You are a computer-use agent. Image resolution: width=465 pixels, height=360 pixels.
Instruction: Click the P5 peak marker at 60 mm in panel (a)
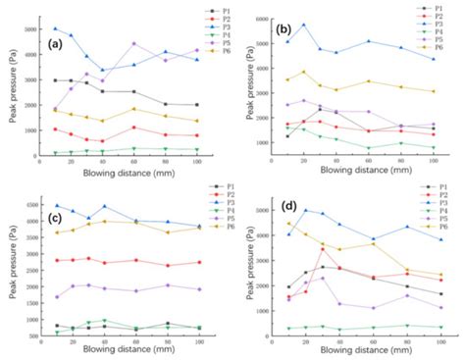[133, 43]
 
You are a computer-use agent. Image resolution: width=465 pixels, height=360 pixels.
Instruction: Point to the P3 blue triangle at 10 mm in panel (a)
[56, 28]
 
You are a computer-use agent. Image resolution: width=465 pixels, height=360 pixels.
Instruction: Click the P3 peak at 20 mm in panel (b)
[303, 25]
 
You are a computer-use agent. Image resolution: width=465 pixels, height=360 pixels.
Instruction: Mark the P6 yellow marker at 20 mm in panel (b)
[303, 72]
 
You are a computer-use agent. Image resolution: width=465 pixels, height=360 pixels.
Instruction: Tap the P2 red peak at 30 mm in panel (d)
[321, 248]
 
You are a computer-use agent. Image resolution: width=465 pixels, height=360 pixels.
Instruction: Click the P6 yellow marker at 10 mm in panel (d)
[288, 224]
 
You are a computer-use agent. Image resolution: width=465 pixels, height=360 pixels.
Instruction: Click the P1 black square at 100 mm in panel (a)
[197, 105]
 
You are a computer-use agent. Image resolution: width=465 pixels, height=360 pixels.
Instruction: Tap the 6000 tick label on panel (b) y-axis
[263, 20]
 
